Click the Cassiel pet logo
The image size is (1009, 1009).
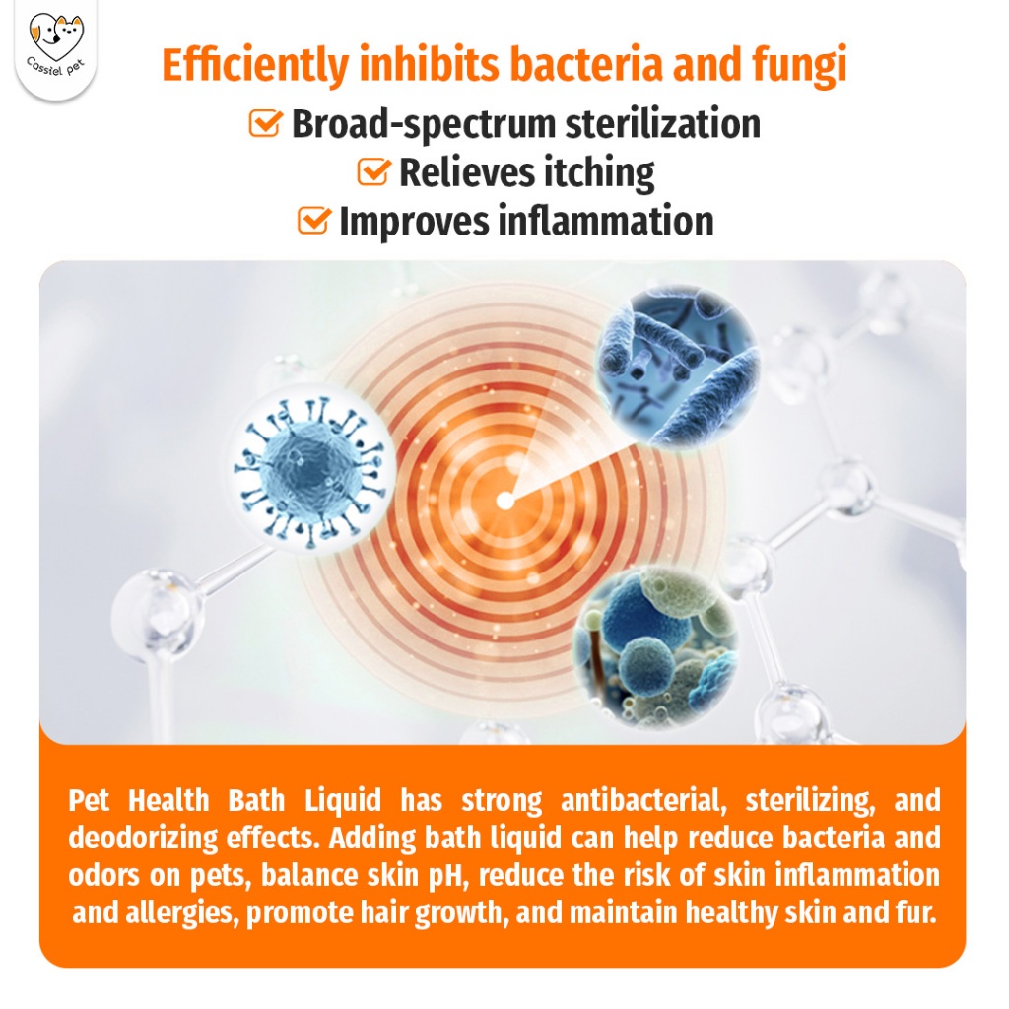tap(56, 47)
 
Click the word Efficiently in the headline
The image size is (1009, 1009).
tap(255, 66)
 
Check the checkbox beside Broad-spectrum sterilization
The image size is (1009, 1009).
tap(265, 122)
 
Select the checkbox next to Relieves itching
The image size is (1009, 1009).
tap(373, 171)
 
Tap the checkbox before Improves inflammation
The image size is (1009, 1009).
tap(314, 220)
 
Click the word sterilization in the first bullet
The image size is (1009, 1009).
tap(663, 123)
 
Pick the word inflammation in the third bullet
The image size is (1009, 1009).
tap(606, 221)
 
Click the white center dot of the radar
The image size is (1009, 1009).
tap(505, 500)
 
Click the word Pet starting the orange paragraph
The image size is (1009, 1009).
tap(88, 800)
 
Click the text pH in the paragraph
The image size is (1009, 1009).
tap(446, 876)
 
